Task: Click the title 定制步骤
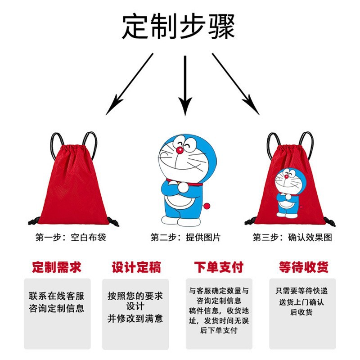[179, 27]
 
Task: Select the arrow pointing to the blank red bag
[130, 83]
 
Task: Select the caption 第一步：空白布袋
[71, 237]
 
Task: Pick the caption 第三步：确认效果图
[292, 237]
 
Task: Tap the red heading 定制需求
[57, 267]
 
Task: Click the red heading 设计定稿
[136, 267]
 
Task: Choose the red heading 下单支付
[218, 267]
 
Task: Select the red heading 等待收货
[303, 267]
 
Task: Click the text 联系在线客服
[57, 296]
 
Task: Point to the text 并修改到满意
[135, 318]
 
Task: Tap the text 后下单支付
[218, 330]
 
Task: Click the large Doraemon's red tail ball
[207, 206]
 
